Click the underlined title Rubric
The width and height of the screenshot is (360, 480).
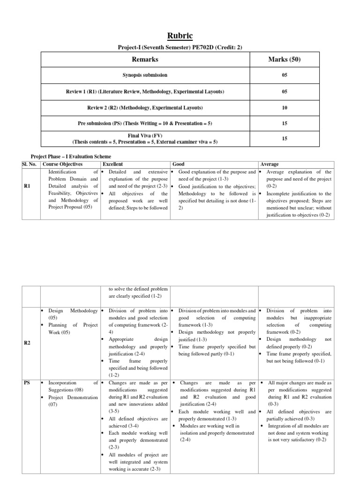coord(180,36)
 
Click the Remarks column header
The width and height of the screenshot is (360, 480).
coord(145,60)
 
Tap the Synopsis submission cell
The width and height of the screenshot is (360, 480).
coord(145,75)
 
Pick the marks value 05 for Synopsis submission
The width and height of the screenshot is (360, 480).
coord(284,75)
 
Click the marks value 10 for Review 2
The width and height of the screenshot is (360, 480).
coord(284,108)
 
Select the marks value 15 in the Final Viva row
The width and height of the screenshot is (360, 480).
coord(284,139)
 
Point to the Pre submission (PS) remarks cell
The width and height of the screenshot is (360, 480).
coord(145,124)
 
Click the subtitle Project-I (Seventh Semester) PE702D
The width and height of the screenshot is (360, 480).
coord(180,48)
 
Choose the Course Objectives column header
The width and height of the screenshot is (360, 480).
coord(62,165)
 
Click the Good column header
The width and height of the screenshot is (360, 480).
coord(178,165)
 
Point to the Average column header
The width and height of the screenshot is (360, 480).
coord(270,165)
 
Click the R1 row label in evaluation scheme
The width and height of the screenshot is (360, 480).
coord(27,186)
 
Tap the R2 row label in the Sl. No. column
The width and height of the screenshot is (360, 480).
coord(27,343)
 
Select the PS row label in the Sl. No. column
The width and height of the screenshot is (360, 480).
coord(27,383)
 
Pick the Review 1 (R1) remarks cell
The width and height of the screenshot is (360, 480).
coord(145,91)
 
